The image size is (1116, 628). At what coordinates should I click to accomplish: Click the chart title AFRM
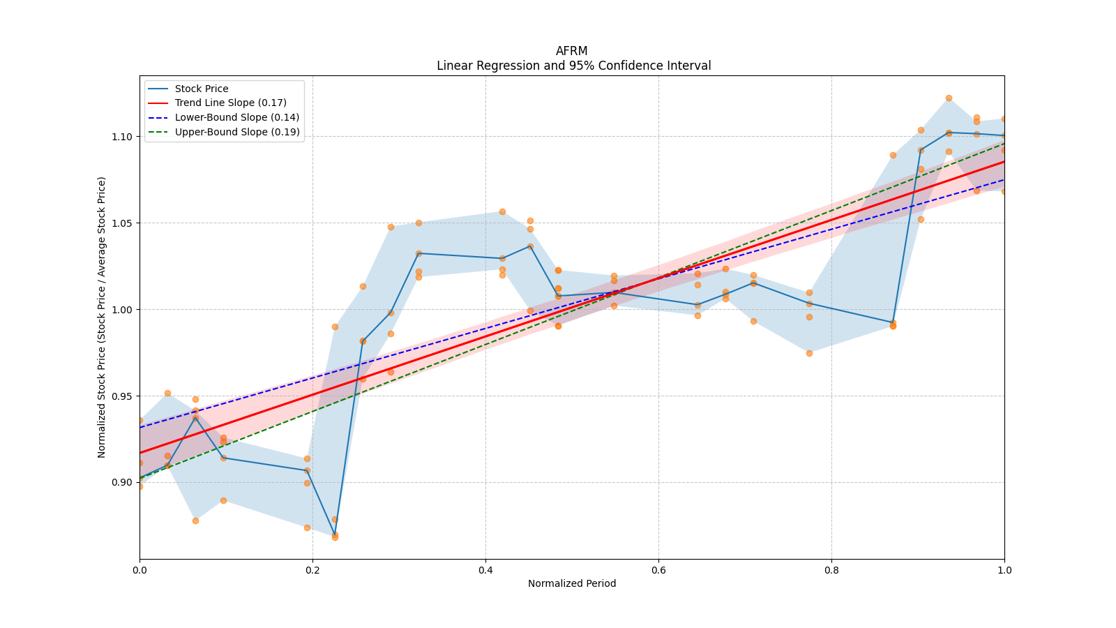click(571, 51)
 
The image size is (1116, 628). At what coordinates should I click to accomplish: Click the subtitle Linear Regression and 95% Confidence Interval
click(573, 66)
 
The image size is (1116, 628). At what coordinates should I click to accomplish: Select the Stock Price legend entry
click(202, 89)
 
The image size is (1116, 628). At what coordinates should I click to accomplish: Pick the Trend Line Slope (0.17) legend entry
click(230, 103)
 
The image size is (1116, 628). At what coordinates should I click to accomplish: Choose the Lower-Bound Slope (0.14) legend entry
click(236, 117)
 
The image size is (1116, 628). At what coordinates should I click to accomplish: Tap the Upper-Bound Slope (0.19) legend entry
click(237, 132)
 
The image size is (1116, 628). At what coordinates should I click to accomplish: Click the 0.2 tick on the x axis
click(312, 570)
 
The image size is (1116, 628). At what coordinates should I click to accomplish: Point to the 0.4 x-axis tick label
click(485, 570)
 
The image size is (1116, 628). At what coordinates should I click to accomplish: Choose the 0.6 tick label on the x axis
click(658, 570)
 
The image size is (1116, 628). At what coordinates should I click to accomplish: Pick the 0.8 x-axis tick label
click(831, 570)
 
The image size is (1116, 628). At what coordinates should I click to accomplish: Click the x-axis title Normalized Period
click(572, 583)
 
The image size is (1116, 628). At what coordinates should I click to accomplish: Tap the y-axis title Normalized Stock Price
click(102, 317)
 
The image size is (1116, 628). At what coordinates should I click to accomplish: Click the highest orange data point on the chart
click(949, 98)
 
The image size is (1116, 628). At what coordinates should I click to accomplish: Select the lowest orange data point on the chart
click(335, 537)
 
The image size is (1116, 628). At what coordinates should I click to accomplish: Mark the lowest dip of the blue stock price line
click(335, 534)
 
